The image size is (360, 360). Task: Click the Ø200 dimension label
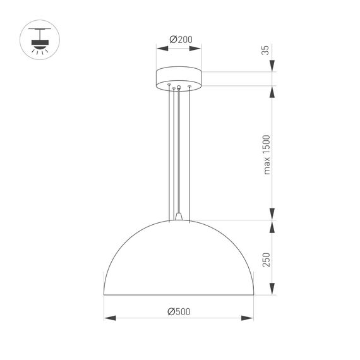(180, 40)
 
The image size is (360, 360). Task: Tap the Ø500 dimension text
(179, 311)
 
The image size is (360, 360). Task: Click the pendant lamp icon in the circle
(41, 40)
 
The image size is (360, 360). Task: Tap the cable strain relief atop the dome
(180, 217)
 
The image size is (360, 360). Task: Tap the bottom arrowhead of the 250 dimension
(273, 291)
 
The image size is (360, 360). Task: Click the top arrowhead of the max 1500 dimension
(273, 90)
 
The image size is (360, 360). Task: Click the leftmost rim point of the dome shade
(104, 294)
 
